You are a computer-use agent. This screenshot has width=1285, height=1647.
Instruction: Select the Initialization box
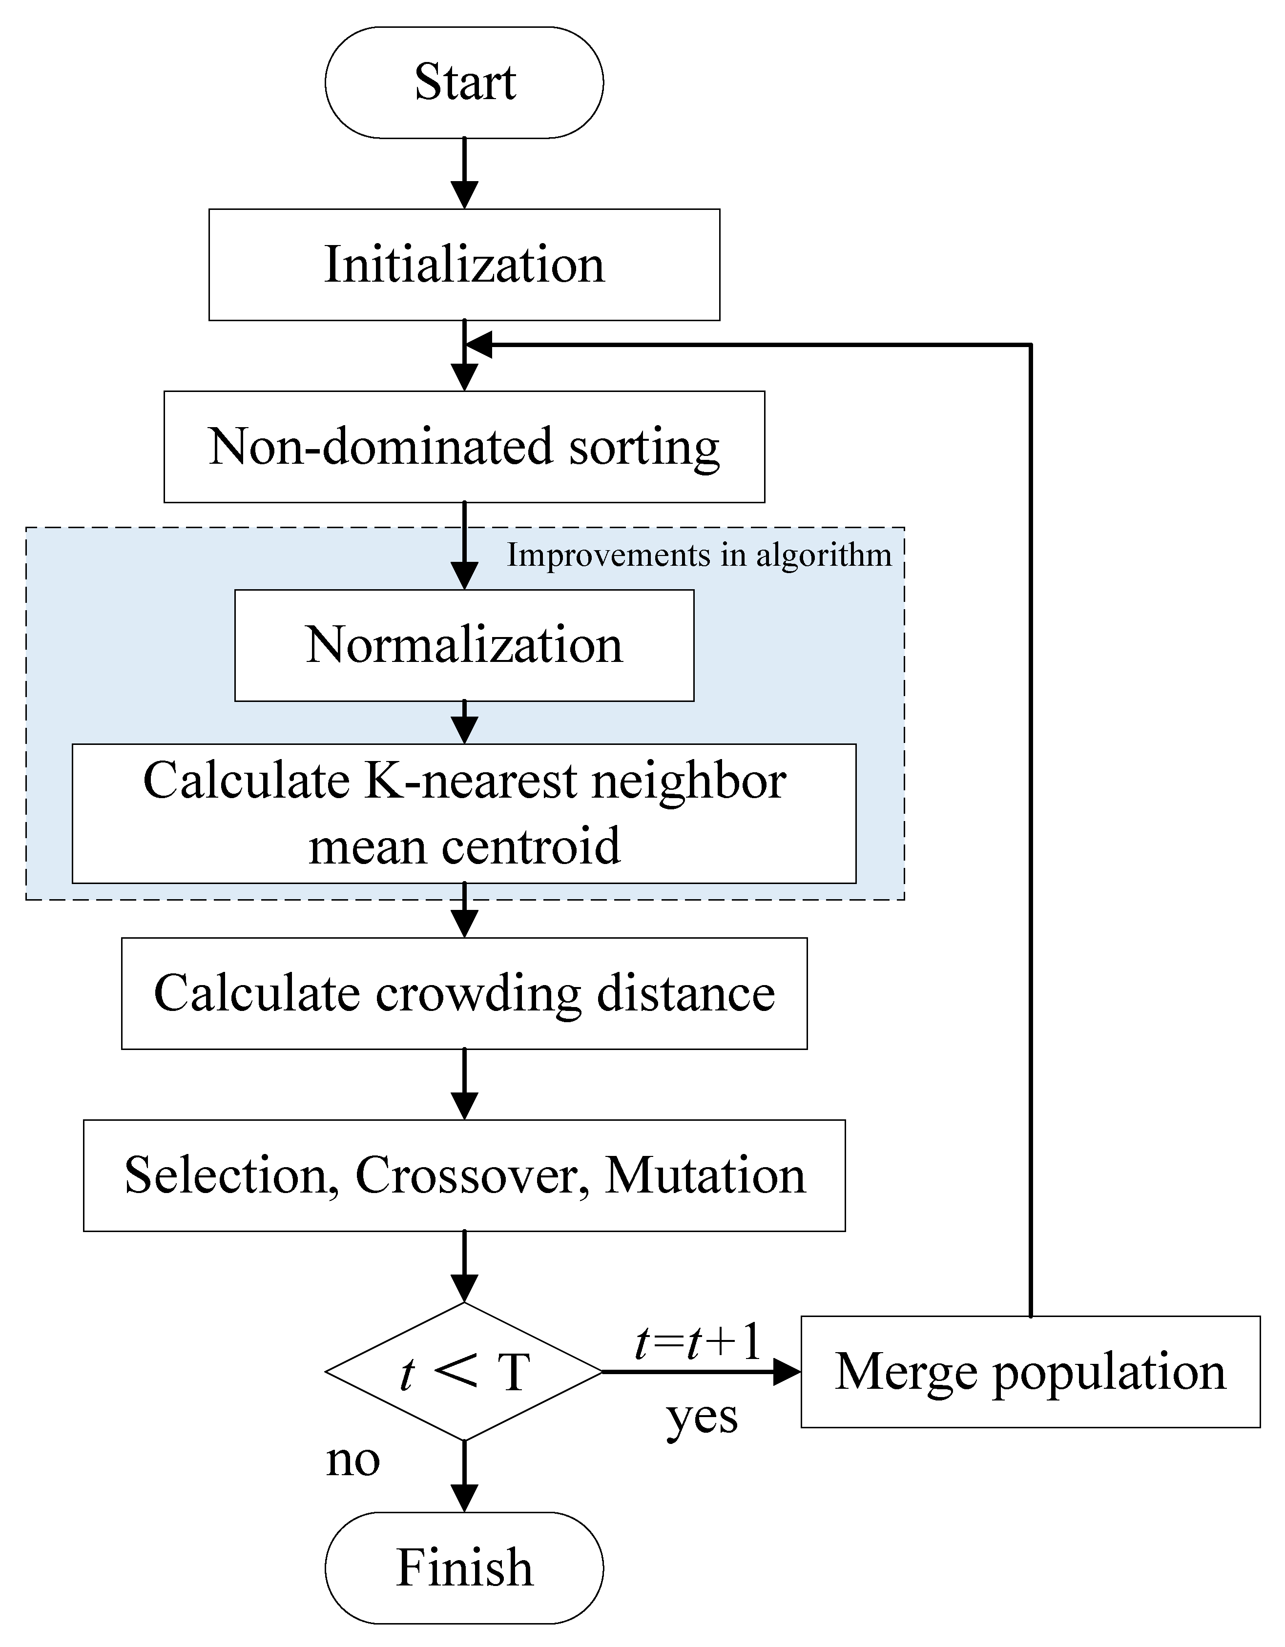pyautogui.click(x=464, y=265)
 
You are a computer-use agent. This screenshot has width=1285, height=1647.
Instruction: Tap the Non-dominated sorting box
pyautogui.click(x=464, y=447)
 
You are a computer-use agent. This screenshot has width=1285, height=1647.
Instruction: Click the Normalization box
pyautogui.click(x=464, y=645)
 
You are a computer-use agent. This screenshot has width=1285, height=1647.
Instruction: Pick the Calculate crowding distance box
pyautogui.click(x=464, y=993)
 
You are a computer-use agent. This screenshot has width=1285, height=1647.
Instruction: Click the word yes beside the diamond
pyautogui.click(x=701, y=1418)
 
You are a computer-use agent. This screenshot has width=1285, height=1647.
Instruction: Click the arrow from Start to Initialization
pyautogui.click(x=464, y=173)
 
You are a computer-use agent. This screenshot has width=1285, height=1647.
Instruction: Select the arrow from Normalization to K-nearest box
pyautogui.click(x=464, y=722)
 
